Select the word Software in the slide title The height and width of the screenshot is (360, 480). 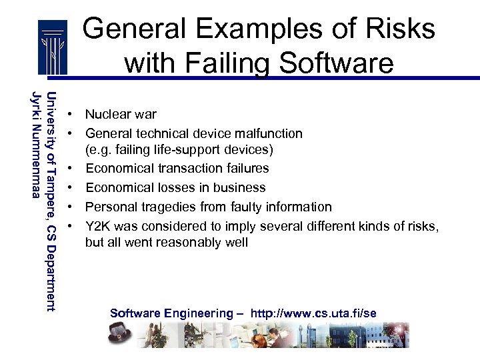coord(337,63)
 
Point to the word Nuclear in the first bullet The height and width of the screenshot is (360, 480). coord(107,115)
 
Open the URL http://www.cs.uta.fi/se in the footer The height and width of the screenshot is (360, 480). coord(313,313)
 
